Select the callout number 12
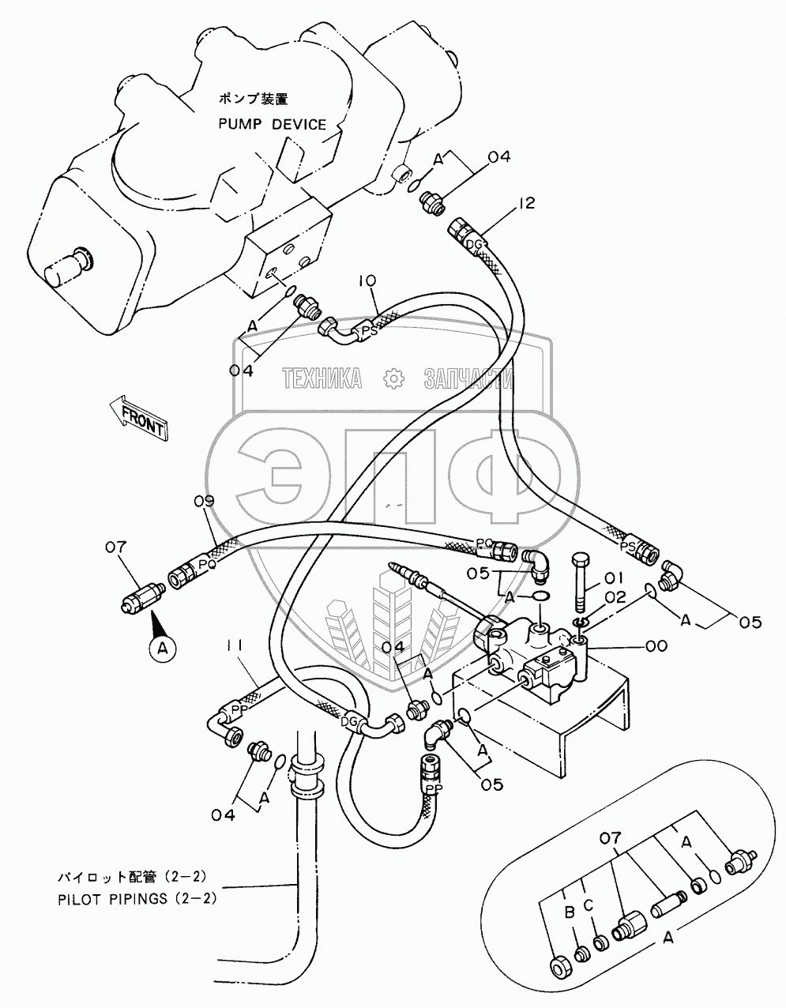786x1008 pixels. pyautogui.click(x=526, y=204)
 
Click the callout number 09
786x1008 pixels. pyautogui.click(x=204, y=499)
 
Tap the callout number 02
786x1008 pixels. pyautogui.click(x=615, y=597)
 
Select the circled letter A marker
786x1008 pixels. pyautogui.click(x=163, y=649)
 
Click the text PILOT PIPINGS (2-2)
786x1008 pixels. pyautogui.click(x=134, y=898)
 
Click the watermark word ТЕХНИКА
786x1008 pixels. pyautogui.click(x=323, y=379)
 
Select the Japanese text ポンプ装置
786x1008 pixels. pyautogui.click(x=254, y=100)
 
